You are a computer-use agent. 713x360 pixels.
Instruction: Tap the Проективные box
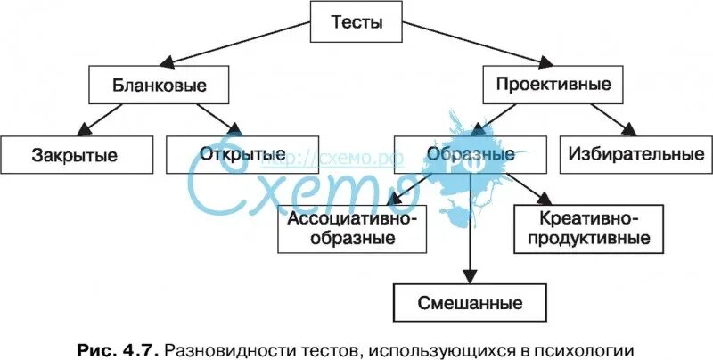(553, 86)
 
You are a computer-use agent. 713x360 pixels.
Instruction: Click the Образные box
(471, 154)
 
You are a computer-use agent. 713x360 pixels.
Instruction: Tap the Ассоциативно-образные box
(352, 227)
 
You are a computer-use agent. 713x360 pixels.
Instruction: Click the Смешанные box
(470, 301)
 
